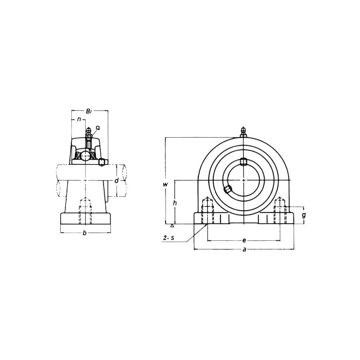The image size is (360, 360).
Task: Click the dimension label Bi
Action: click(x=89, y=112)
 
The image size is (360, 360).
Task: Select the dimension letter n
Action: click(x=79, y=119)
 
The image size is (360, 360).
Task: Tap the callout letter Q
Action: click(x=98, y=128)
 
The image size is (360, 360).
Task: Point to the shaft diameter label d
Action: click(x=117, y=181)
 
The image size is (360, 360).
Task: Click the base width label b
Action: click(x=85, y=233)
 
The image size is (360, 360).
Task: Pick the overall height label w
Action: click(x=165, y=184)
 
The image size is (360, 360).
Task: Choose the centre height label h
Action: click(x=175, y=203)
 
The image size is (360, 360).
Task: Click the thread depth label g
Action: click(x=304, y=215)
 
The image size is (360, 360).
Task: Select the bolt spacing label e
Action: click(x=244, y=240)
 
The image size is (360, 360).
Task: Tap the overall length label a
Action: click(x=244, y=249)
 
